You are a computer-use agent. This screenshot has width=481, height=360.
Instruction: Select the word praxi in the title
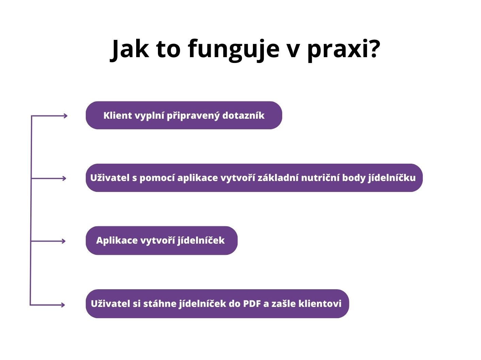coord(336,50)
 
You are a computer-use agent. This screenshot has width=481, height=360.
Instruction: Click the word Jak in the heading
coord(129,49)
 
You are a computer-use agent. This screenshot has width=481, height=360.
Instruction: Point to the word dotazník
coord(243,115)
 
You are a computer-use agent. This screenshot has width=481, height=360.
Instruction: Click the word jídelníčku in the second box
coord(392,178)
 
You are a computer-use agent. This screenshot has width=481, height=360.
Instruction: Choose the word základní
coord(278,178)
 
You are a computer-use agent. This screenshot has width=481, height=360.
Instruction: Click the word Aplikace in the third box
coord(117,241)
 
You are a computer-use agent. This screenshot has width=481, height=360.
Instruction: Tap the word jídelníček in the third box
coord(201,241)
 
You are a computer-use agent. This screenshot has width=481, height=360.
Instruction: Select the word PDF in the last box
coord(253,304)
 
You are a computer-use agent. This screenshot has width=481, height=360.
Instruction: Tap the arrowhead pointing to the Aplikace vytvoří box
coord(64,241)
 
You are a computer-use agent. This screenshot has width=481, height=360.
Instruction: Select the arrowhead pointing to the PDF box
coord(63,305)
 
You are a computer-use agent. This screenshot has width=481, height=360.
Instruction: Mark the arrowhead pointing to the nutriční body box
coord(64,178)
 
